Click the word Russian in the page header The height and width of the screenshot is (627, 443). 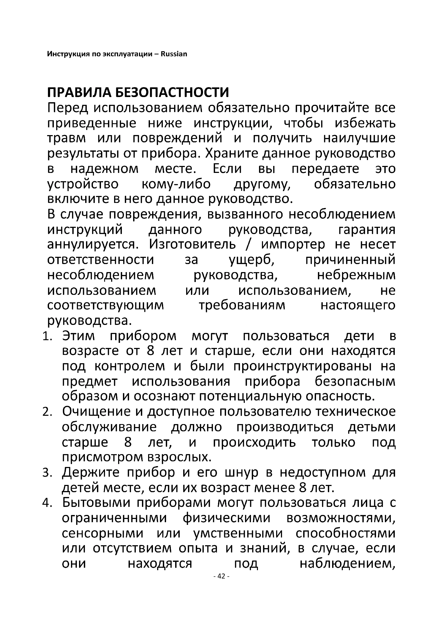(174, 54)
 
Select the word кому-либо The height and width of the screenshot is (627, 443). (176, 184)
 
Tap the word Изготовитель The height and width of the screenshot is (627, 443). (192, 244)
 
